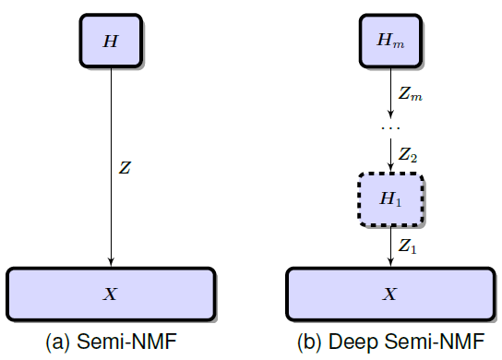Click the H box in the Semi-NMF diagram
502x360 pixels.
[111, 42]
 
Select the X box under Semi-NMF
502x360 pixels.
[111, 294]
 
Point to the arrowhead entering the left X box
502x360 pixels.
[111, 263]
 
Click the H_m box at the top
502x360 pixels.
[390, 42]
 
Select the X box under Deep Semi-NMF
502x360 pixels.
[390, 294]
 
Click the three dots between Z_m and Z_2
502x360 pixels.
[390, 126]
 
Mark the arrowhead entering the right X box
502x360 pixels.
[390, 263]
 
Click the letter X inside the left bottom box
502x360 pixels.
[111, 294]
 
